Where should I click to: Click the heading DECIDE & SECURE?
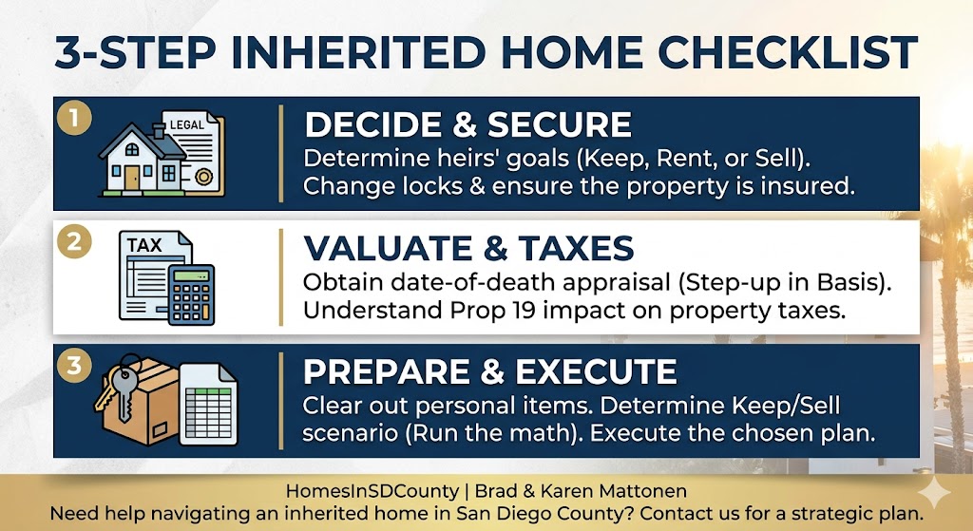pyautogui.click(x=467, y=124)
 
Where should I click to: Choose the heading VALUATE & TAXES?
pyautogui.click(x=468, y=249)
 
